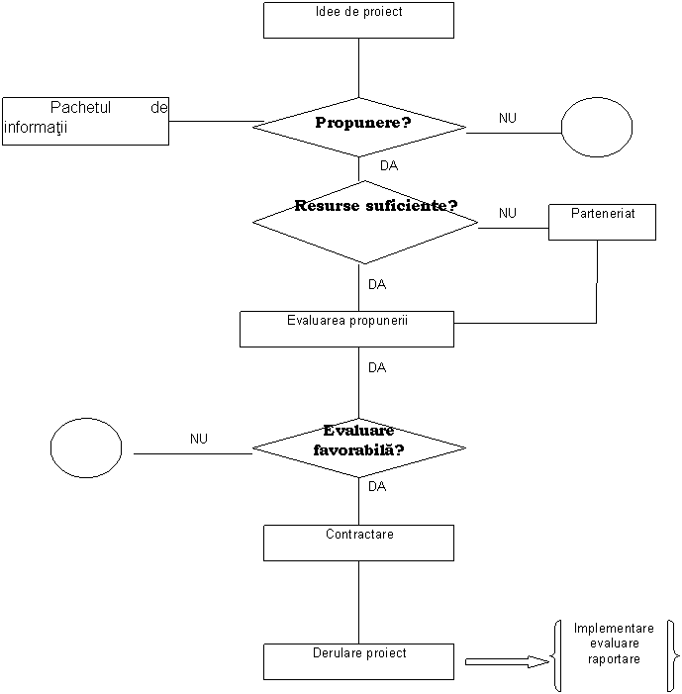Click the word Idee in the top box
(326, 13)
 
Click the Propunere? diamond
(359, 126)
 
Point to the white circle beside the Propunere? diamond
(597, 128)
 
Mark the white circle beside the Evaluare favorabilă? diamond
(86, 447)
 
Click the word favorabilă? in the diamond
(358, 449)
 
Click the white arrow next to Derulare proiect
(506, 661)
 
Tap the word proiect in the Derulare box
(386, 653)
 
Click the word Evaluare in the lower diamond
(358, 432)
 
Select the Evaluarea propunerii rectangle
(346, 330)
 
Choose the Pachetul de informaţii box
(85, 121)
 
